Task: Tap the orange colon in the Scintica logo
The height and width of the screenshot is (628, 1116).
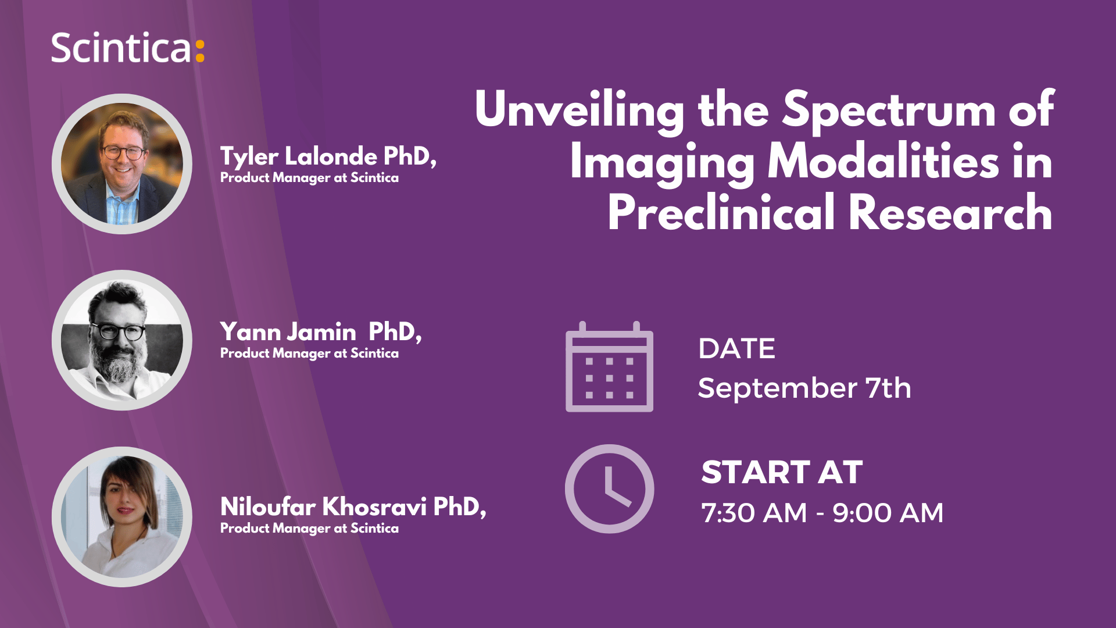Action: [199, 51]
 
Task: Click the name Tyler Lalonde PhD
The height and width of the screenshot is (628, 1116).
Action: [328, 157]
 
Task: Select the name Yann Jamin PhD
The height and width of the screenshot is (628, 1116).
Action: [320, 332]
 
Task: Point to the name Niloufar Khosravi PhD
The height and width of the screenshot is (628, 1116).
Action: [353, 507]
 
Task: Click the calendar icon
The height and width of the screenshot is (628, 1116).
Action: [609, 367]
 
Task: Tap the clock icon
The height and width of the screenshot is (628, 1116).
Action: [609, 489]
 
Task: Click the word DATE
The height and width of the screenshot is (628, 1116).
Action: [736, 349]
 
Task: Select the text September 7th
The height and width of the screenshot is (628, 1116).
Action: [804, 388]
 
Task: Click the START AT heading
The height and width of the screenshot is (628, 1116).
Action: [782, 472]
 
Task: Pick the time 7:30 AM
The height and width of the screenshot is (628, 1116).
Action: [754, 513]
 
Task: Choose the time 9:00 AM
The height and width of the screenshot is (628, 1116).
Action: [888, 513]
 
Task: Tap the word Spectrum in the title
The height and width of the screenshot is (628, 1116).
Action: [888, 110]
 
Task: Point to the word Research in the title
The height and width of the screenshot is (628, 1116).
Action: [950, 213]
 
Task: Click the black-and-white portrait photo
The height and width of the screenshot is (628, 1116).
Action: [122, 340]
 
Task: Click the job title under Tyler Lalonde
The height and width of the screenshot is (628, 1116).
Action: [309, 178]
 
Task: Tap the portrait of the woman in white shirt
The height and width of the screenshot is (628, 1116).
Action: [122, 516]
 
